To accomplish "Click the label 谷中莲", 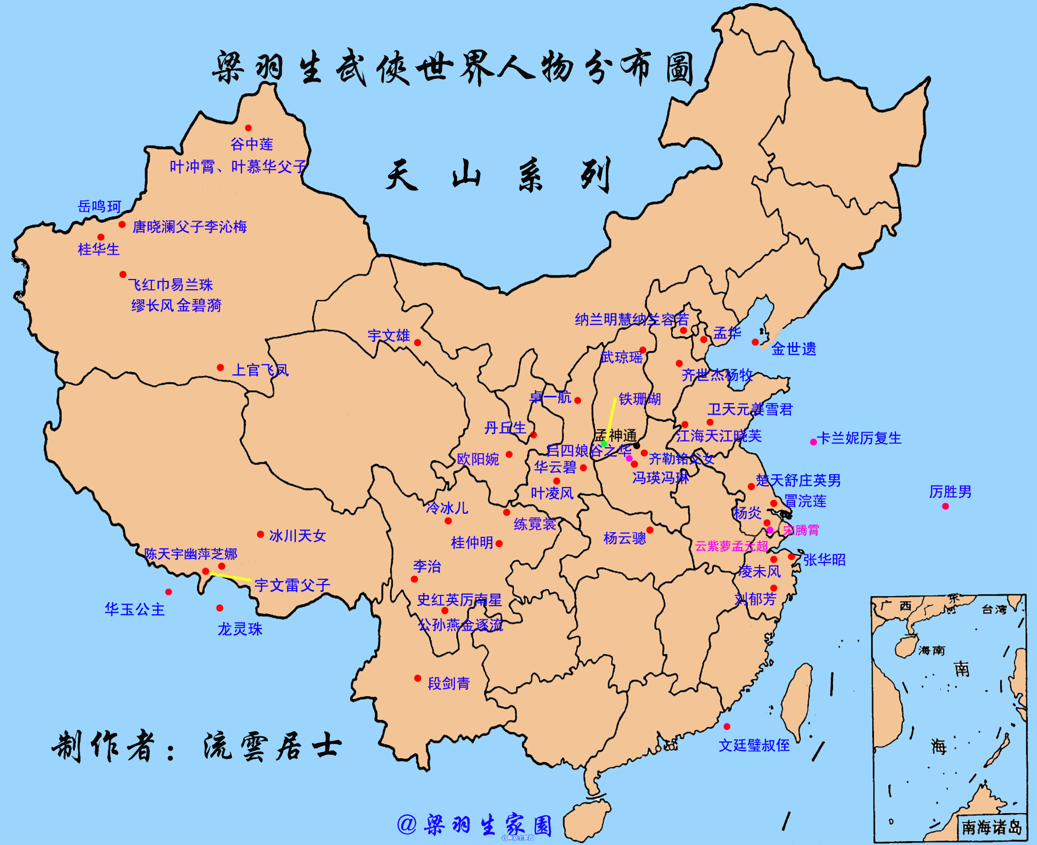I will click(251, 144).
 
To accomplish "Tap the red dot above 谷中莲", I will click(248, 128).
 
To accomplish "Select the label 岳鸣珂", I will click(99, 207).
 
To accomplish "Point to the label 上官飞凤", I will click(261, 370).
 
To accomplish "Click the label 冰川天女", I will click(297, 536).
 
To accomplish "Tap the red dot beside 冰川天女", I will click(261, 534).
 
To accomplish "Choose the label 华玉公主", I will click(134, 609).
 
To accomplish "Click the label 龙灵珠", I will click(240, 629).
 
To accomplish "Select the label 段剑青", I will click(449, 683).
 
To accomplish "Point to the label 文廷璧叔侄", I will click(754, 745).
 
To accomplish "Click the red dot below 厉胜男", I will click(945, 506).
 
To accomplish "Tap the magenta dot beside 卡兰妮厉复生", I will click(813, 442).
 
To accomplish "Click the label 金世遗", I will click(793, 349).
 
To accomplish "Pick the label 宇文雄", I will click(389, 336).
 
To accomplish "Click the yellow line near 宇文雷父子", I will click(231, 577).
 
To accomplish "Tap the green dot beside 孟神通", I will click(604, 444).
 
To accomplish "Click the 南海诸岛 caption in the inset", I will click(991, 827).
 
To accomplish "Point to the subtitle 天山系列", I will click(497, 175).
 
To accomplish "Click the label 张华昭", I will click(824, 559).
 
